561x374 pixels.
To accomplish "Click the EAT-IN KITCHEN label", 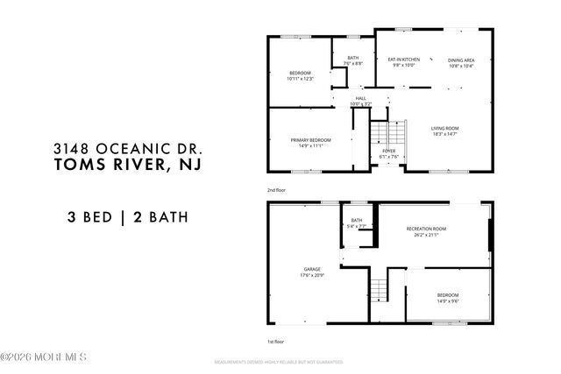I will pyautogui.click(x=405, y=59).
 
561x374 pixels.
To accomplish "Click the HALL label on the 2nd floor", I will pyautogui.click(x=360, y=98).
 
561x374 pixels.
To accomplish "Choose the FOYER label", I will pyautogui.click(x=387, y=151).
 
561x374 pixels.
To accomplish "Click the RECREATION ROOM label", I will pyautogui.click(x=426, y=229).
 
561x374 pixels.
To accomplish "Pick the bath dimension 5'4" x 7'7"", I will pyautogui.click(x=357, y=226).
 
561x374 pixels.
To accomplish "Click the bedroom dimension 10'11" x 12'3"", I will pyautogui.click(x=300, y=79).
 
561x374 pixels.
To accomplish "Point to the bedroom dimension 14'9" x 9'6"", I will pyautogui.click(x=447, y=301).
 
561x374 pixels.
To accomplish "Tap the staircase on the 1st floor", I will pyautogui.click(x=378, y=286).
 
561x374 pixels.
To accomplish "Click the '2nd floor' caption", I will pyautogui.click(x=276, y=189).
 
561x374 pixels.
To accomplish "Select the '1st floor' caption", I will pyautogui.click(x=275, y=342).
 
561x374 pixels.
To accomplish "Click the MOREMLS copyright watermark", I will pyautogui.click(x=44, y=356).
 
